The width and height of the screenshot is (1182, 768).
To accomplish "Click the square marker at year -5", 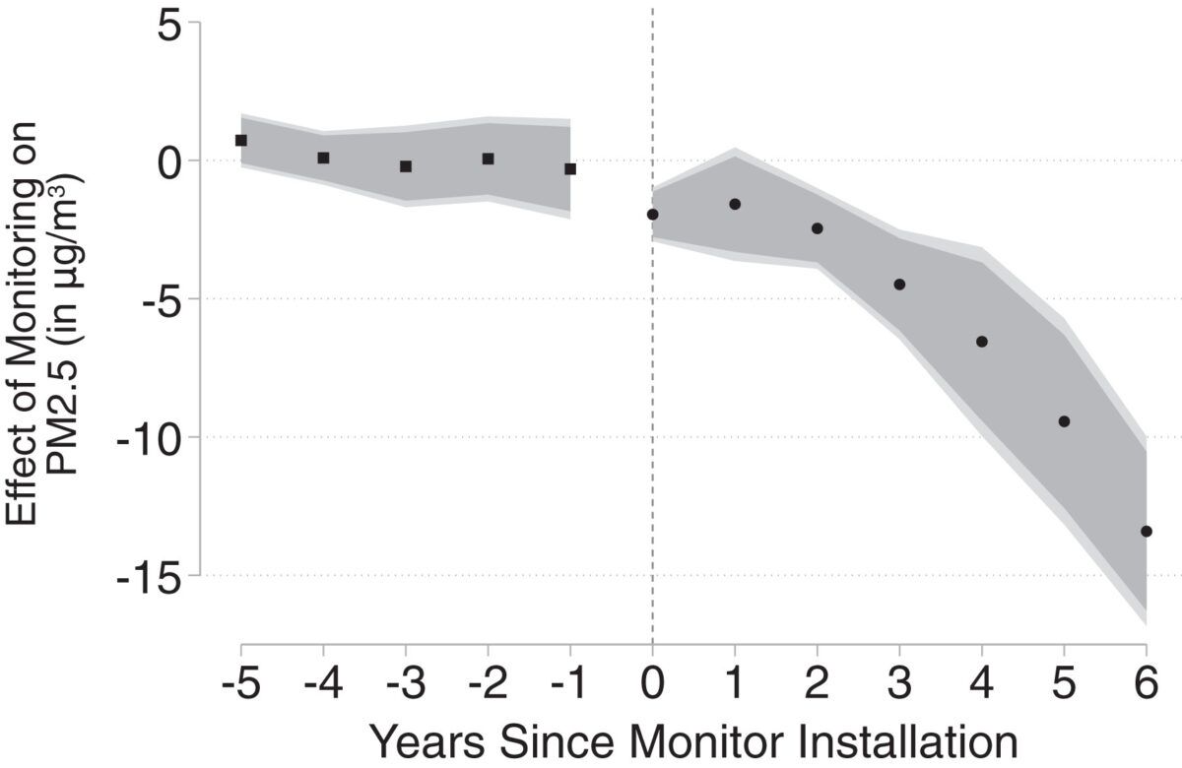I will pos(241,141).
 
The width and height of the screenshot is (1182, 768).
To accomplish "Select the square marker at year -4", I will pos(323,158).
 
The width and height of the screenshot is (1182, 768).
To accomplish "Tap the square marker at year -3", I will pos(406,166).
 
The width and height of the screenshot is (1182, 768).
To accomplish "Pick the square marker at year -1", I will pos(570,169).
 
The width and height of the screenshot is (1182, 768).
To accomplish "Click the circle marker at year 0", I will pos(652,215).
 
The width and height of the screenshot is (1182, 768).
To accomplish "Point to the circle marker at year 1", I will pos(735,204).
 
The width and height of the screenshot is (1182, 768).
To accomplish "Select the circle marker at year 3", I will pos(899,285).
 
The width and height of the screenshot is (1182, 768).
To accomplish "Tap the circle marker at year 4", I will pos(982,342).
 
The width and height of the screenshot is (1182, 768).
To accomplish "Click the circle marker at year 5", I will pos(1064,421).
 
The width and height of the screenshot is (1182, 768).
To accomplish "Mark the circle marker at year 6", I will pos(1147,532).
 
